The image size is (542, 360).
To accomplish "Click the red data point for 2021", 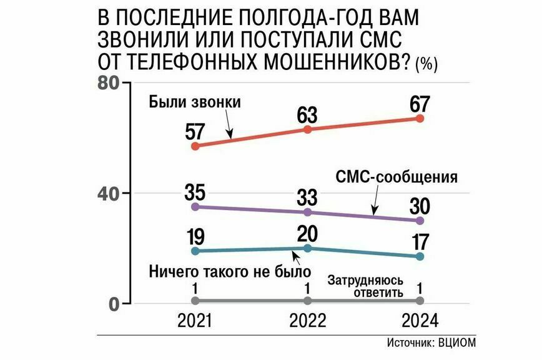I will pyautogui.click(x=195, y=146).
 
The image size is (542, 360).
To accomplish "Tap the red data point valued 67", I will pyautogui.click(x=420, y=118).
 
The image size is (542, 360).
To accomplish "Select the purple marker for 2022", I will pyautogui.click(x=307, y=212).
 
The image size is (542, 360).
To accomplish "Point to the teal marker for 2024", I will pyautogui.click(x=420, y=256).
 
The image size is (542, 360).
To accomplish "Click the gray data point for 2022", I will pyautogui.click(x=307, y=302).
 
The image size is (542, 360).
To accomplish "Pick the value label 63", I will pyautogui.click(x=307, y=115).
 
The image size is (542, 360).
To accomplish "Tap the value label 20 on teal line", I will pyautogui.click(x=307, y=234).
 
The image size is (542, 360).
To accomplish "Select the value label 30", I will pyautogui.click(x=420, y=206).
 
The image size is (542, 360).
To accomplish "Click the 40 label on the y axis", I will pyautogui.click(x=110, y=193).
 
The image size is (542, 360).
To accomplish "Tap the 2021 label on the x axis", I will pyautogui.click(x=195, y=321).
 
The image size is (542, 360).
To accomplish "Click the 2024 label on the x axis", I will pyautogui.click(x=420, y=321).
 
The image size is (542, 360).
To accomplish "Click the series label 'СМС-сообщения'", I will pyautogui.click(x=397, y=177).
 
